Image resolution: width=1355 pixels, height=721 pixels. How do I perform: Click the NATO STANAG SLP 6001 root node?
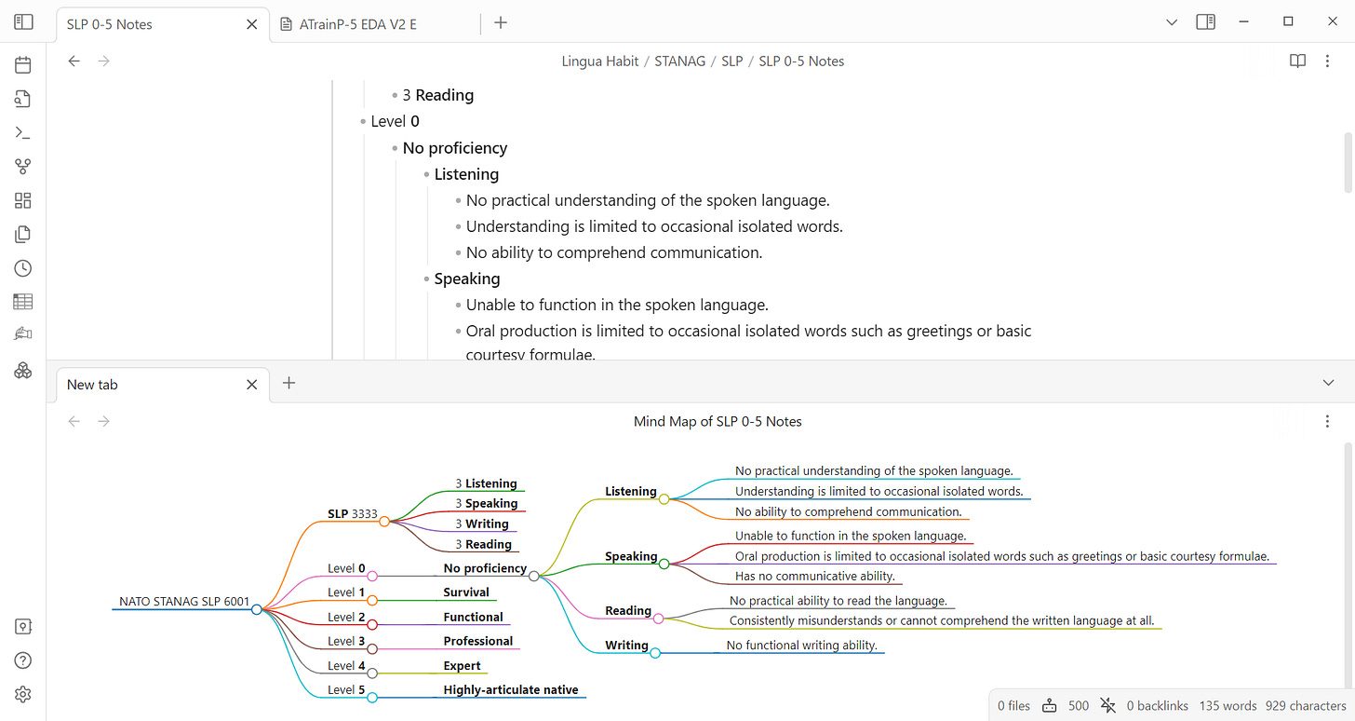[x=184, y=601]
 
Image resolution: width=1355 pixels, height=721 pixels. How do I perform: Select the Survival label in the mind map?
[x=466, y=592]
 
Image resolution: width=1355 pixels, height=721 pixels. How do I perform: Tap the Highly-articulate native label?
[x=511, y=689]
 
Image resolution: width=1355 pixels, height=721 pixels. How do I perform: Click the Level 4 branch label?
[x=346, y=665]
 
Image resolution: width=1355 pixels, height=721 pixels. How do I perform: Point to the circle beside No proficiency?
[x=533, y=576]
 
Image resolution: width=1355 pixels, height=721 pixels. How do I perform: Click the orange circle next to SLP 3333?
[x=383, y=522]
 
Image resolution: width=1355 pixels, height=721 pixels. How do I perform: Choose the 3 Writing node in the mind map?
[x=482, y=524]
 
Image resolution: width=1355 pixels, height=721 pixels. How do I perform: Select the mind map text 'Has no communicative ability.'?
[x=814, y=576]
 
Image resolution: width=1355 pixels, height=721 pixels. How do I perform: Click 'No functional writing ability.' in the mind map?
[x=801, y=645]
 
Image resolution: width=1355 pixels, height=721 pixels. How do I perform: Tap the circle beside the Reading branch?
[x=658, y=618]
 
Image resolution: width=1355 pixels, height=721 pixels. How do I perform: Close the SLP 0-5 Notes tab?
[x=251, y=24]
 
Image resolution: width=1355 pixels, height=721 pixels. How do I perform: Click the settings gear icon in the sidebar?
[x=23, y=694]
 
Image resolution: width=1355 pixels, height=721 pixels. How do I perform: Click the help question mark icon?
[x=23, y=660]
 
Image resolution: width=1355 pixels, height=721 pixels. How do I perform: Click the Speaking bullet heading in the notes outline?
[x=467, y=279]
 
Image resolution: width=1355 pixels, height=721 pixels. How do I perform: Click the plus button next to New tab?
[x=288, y=383]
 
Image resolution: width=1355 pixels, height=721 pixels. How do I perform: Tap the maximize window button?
[x=1288, y=21]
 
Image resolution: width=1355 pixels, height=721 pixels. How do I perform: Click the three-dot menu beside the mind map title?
[x=1327, y=421]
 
